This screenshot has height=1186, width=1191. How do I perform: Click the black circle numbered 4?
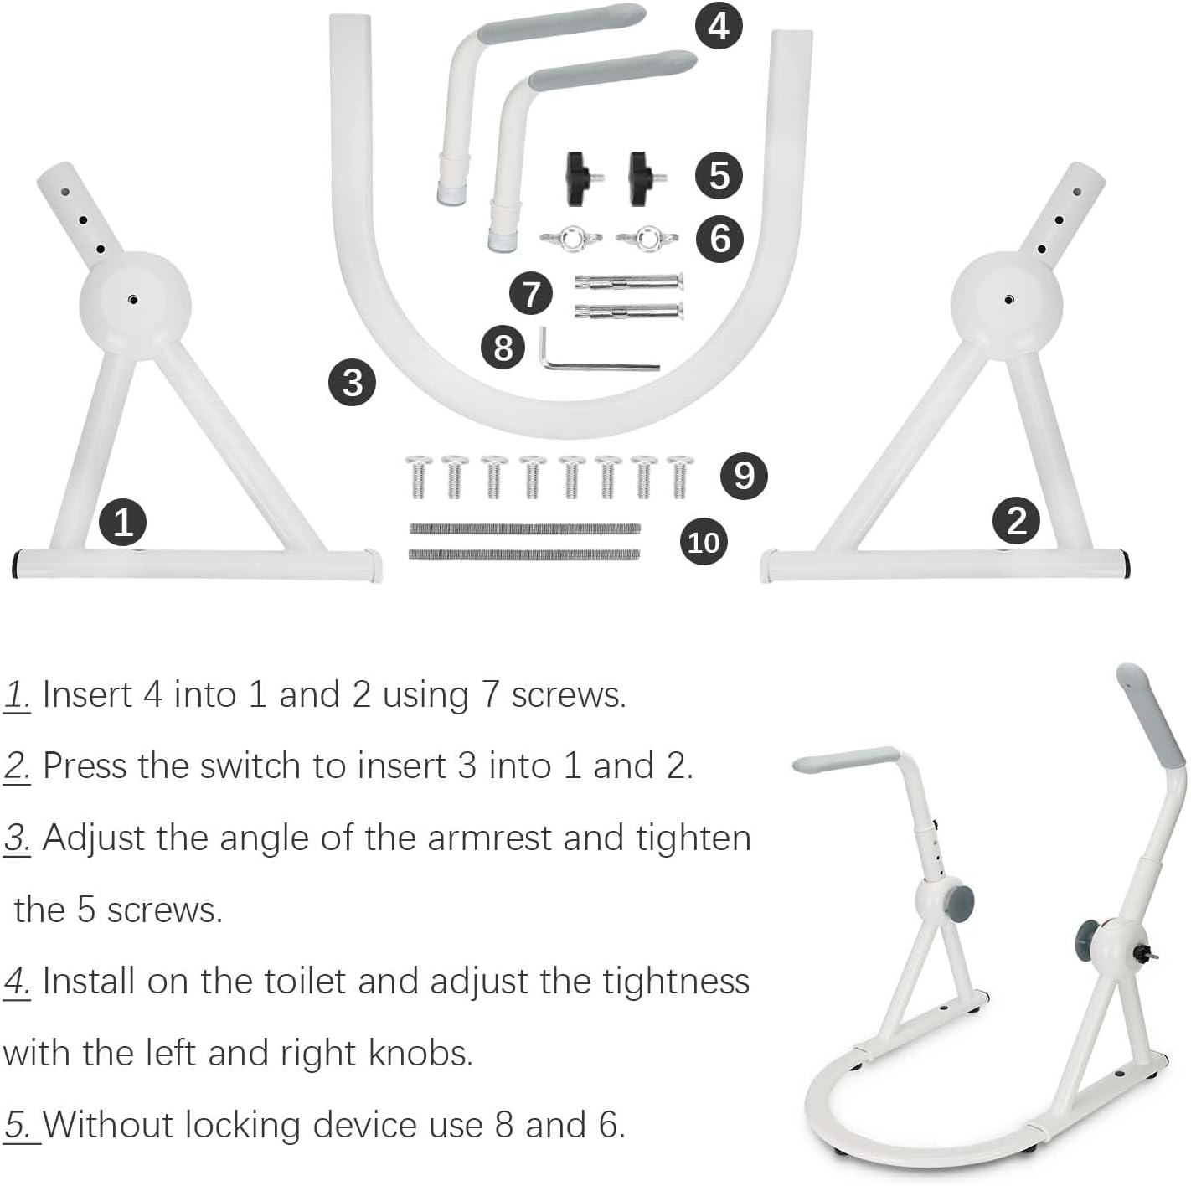click(718, 27)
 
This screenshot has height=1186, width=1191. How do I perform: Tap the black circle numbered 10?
click(704, 542)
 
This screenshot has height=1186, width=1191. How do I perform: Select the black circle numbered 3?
click(353, 382)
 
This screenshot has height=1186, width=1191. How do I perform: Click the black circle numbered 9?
click(744, 476)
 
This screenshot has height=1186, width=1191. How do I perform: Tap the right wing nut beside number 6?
click(647, 239)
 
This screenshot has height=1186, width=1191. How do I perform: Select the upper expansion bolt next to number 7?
click(629, 282)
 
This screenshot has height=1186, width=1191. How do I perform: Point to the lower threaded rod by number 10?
click(524, 554)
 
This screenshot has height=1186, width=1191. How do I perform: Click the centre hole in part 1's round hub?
click(133, 301)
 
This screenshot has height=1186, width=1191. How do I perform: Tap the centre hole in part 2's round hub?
click(1008, 301)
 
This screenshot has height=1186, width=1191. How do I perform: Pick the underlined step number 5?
click(18, 1126)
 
